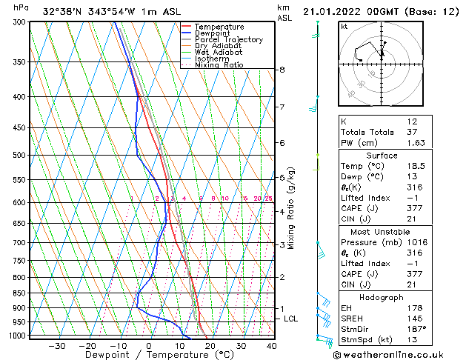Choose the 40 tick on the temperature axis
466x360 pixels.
272,345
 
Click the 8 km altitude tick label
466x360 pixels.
282,70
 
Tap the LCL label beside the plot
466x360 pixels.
291,319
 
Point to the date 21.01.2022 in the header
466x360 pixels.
333,11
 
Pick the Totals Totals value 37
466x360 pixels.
412,132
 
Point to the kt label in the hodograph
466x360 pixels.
344,27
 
